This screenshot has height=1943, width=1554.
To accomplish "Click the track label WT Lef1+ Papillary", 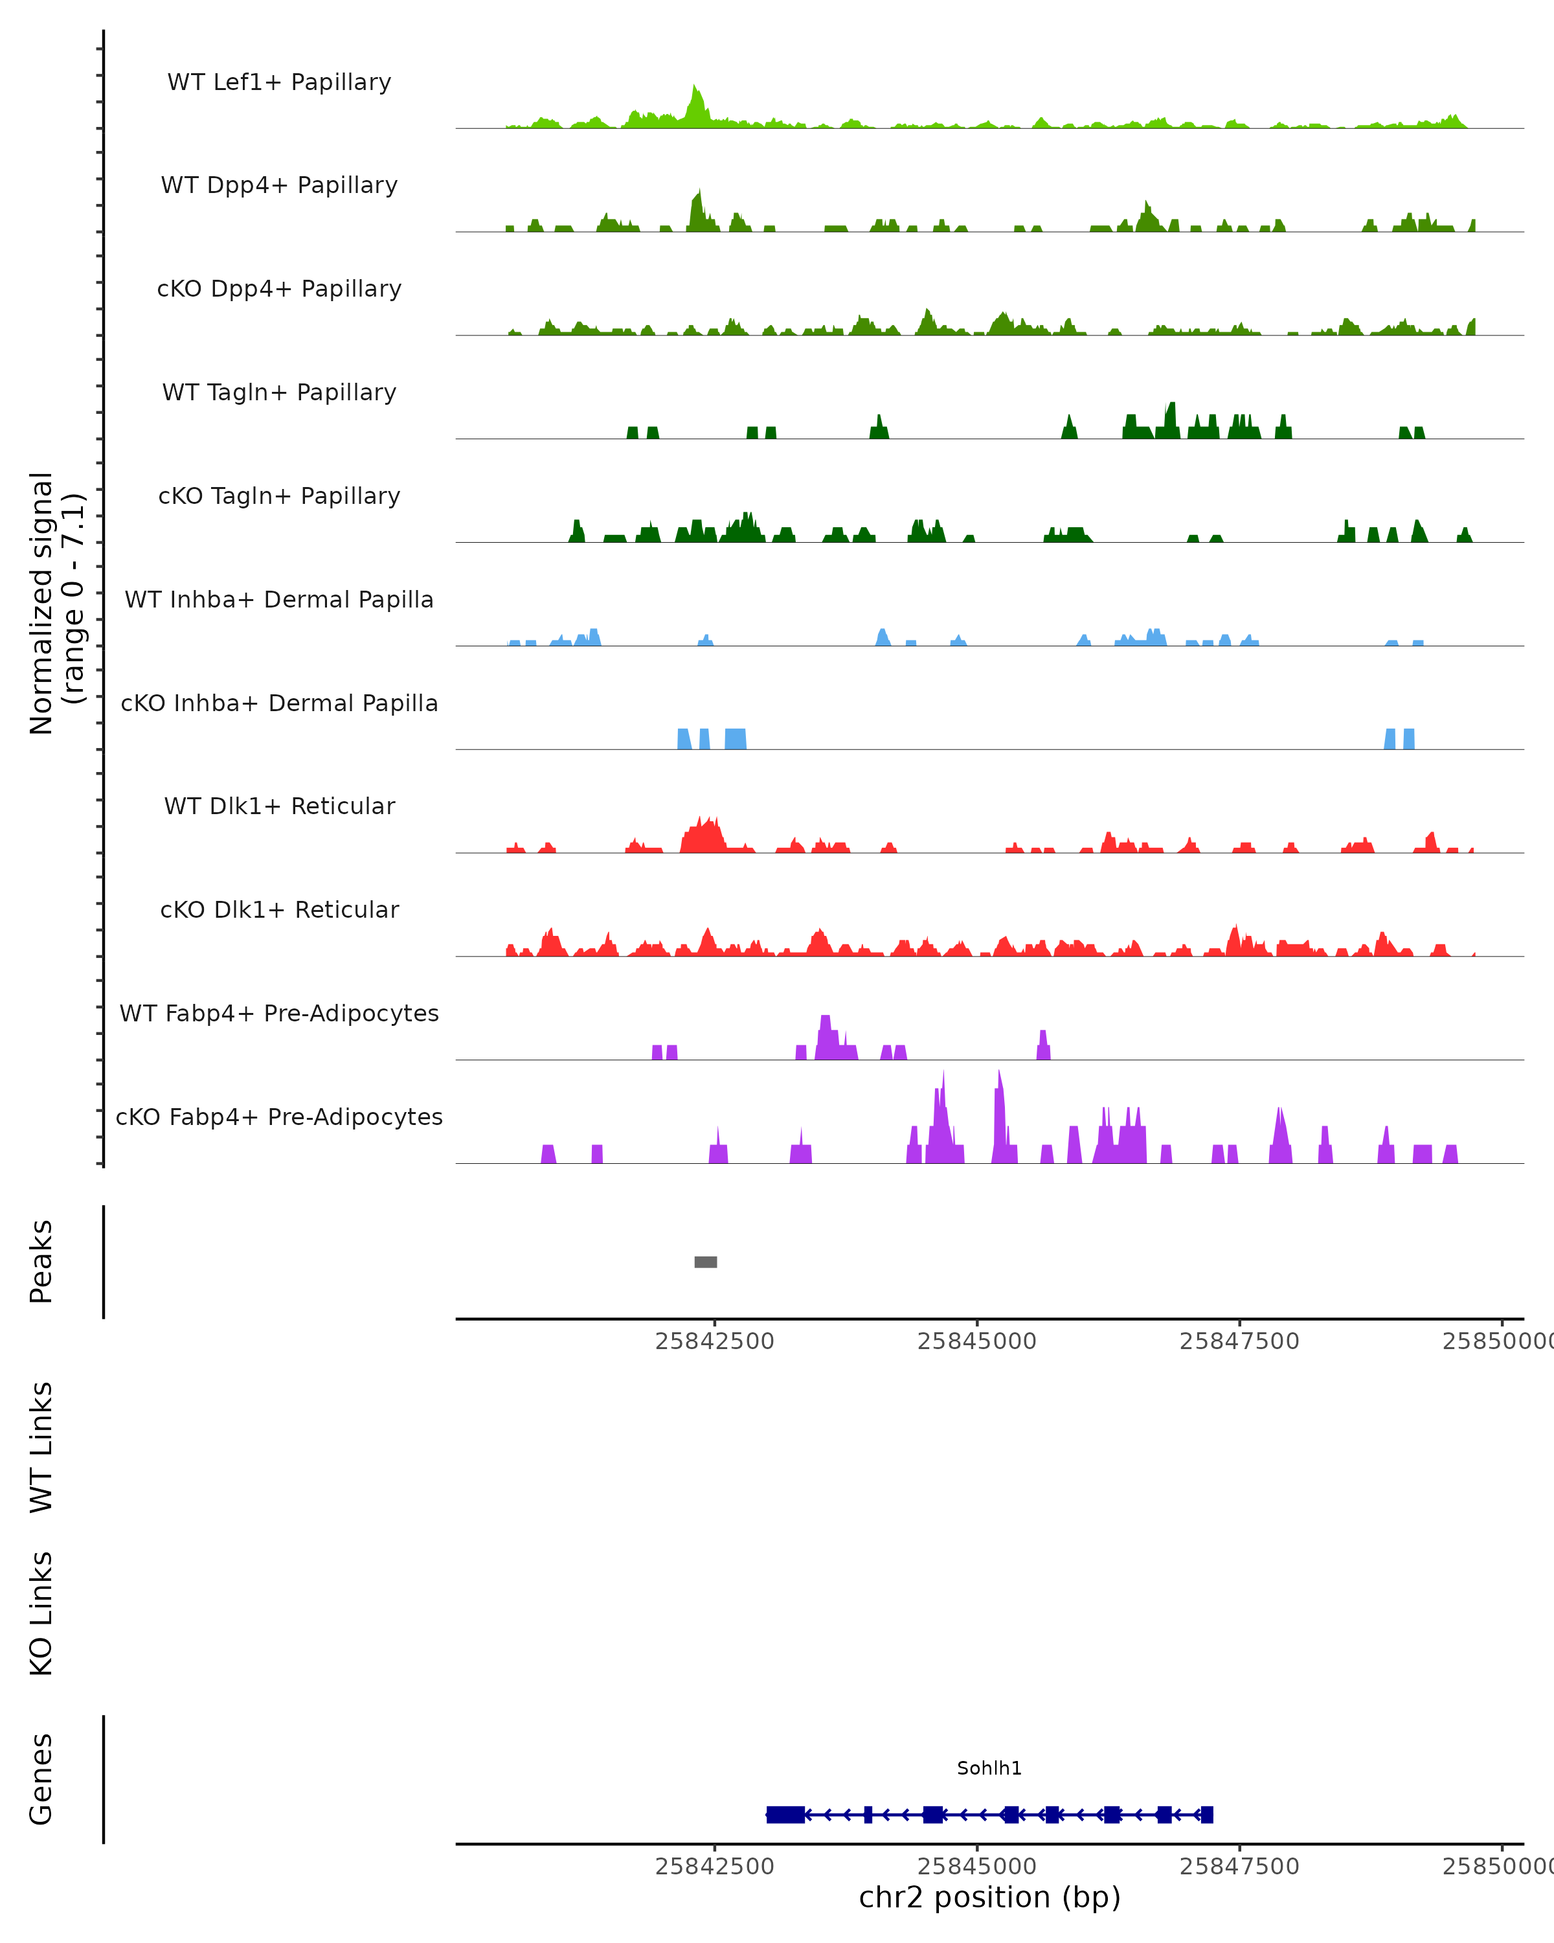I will [279, 82].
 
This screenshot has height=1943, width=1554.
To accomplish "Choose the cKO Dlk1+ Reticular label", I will [279, 909].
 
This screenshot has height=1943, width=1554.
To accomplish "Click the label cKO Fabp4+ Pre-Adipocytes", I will [279, 1117].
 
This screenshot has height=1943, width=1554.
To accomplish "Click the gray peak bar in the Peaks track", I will [705, 1262].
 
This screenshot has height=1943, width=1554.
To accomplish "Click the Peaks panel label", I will [41, 1262].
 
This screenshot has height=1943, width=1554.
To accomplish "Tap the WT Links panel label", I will [41, 1446].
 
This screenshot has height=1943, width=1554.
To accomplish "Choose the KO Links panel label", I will [41, 1613].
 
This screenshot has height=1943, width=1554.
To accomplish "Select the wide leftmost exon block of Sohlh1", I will [785, 1814].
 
